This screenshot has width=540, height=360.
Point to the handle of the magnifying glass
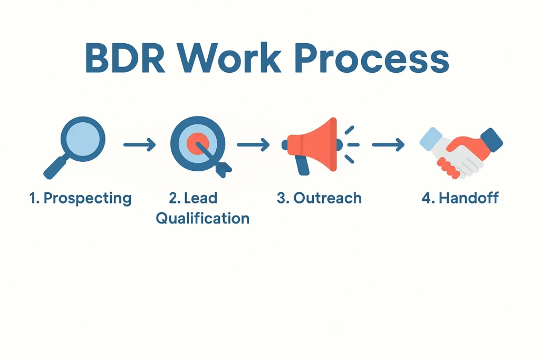(x=57, y=166)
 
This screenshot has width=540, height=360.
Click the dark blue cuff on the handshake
(x=491, y=139)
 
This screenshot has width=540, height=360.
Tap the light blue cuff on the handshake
(x=430, y=138)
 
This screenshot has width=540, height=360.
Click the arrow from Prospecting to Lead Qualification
(x=139, y=144)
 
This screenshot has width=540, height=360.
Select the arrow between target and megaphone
(x=253, y=144)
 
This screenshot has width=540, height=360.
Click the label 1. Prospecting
(x=80, y=199)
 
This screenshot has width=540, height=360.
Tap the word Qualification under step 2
(x=202, y=218)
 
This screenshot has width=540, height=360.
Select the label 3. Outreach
(x=319, y=199)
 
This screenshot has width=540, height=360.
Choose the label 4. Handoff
(x=460, y=199)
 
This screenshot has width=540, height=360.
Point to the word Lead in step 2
(x=200, y=199)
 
